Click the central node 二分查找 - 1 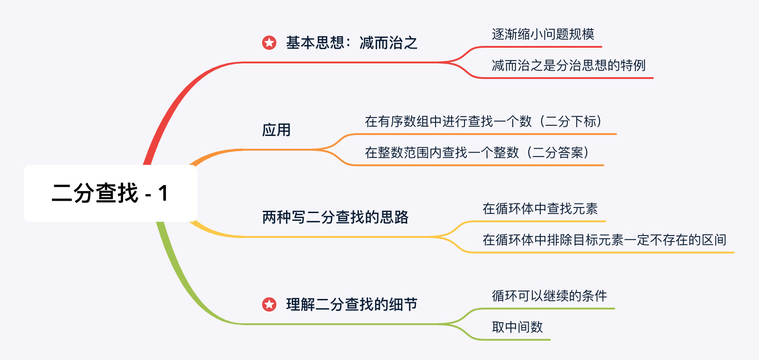[110, 193]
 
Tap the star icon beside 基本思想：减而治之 [269, 43]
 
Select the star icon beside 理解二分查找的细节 [269, 304]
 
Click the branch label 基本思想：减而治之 [351, 43]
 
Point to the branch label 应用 [276, 130]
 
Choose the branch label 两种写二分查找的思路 [335, 217]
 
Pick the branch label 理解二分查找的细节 [351, 304]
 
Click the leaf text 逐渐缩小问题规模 [543, 34]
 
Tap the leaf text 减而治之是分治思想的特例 [568, 65]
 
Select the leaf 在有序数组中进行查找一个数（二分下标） [483, 121]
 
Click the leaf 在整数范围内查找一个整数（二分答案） [477, 152]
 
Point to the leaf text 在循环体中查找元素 [540, 208]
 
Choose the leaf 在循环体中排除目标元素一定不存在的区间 [604, 240]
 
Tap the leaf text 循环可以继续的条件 [549, 296]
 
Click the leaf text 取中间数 [517, 327]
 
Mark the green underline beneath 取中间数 [515, 340]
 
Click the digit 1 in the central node [163, 193]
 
